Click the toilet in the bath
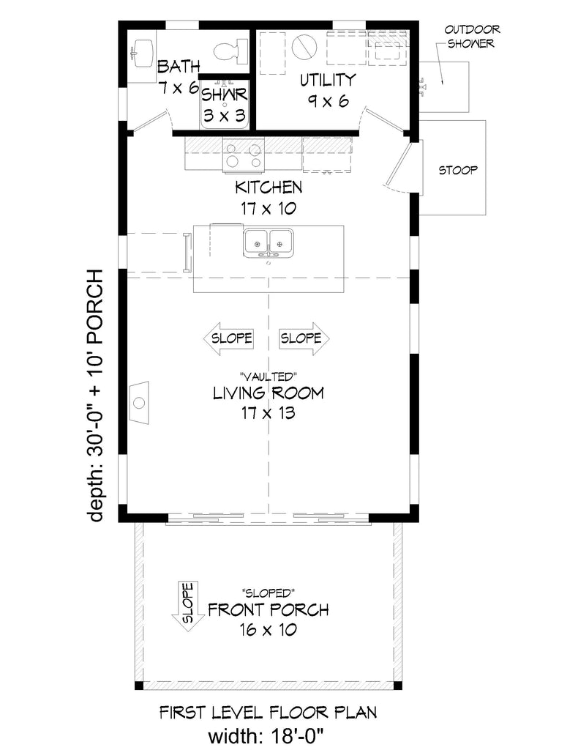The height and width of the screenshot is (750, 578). (228, 51)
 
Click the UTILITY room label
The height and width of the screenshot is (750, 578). (326, 80)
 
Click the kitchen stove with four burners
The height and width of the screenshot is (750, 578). (243, 155)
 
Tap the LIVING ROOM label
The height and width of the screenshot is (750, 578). (268, 393)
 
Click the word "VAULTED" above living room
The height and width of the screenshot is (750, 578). (268, 375)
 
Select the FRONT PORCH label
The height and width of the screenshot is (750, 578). (268, 609)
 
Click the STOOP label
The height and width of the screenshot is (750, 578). (457, 171)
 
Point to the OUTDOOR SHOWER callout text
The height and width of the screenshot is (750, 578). (471, 37)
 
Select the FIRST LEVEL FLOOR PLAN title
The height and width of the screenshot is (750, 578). (268, 711)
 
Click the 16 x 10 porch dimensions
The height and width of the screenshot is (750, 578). (268, 630)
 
